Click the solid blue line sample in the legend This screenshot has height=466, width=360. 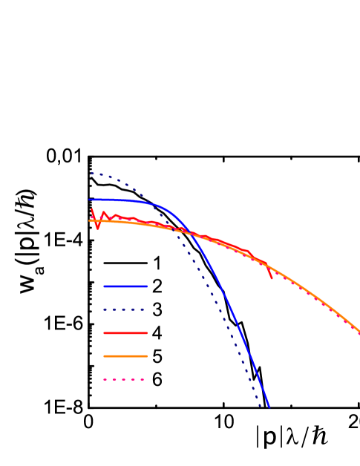tap(125, 286)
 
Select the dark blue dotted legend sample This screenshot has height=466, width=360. tap(123, 309)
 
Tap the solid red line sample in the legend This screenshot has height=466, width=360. tap(125, 333)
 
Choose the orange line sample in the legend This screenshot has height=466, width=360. tap(125, 356)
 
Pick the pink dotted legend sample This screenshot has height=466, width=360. tap(123, 379)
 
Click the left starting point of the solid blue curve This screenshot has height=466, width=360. tap(90, 200)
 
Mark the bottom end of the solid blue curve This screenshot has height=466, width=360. tap(269, 407)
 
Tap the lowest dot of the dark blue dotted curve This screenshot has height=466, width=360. tap(260, 405)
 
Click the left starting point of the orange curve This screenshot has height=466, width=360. tap(90, 220)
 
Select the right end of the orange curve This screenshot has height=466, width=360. tap(359, 331)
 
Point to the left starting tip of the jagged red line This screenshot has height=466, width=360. tap(91, 209)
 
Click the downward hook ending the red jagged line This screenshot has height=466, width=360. tap(271, 278)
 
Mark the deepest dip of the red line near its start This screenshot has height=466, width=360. tap(97, 229)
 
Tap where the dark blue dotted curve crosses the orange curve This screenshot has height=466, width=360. tap(178, 230)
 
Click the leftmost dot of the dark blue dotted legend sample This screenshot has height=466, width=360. tap(105, 309)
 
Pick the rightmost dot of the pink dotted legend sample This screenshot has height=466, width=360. tap(142, 379)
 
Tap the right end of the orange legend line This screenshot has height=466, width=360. tap(147, 356)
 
